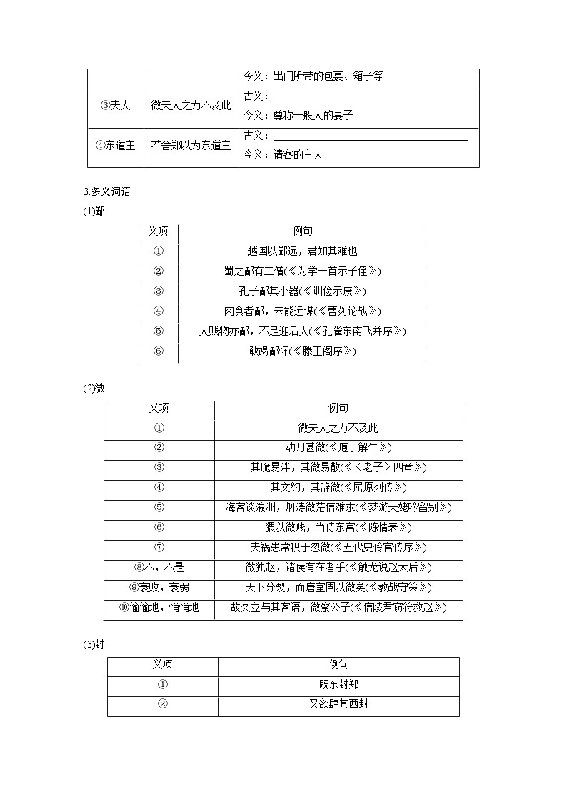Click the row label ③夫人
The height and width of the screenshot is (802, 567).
115,105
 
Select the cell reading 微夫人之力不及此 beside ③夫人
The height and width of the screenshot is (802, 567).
191,105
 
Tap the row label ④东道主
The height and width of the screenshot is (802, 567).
115,145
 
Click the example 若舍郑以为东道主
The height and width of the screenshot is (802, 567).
191,145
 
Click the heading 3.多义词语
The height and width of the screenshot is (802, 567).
107,191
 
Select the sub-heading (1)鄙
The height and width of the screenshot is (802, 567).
94,211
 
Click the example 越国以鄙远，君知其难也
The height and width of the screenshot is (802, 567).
301,251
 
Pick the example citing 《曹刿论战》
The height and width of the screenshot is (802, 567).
301,311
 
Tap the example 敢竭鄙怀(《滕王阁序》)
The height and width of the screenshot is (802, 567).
301,351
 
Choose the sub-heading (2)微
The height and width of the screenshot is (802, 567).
94,388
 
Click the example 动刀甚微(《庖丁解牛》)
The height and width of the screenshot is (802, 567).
338,448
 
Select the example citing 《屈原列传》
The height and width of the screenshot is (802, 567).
338,488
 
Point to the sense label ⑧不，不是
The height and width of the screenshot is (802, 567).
159,568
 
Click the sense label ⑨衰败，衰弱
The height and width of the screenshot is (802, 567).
159,588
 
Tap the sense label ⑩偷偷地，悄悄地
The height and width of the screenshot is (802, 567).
159,608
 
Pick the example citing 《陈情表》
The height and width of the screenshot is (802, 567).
338,528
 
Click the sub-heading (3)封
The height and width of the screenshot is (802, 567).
94,645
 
